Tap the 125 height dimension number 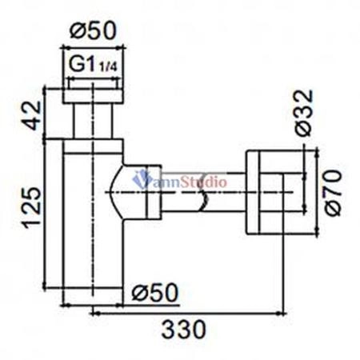[31, 206]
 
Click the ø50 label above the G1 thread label [92, 30]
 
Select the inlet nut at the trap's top [92, 94]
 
